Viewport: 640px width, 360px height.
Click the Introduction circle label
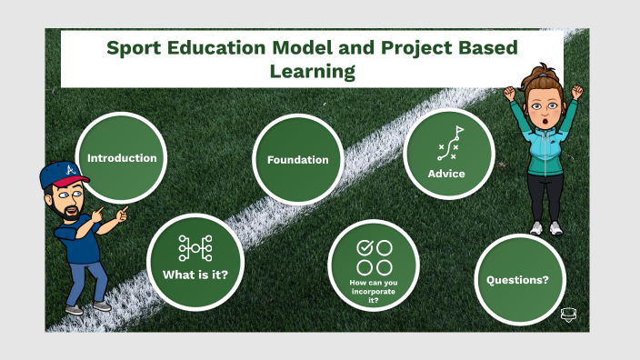tap(122, 158)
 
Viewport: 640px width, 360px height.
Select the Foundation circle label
tap(297, 160)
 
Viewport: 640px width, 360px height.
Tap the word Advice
tap(446, 174)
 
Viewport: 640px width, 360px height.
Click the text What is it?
tap(195, 274)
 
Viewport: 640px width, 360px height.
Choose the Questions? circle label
tap(517, 280)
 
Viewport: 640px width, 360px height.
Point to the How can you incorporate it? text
tap(372, 291)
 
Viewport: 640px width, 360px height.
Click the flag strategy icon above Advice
tap(449, 144)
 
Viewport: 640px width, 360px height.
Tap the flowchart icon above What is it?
tap(195, 246)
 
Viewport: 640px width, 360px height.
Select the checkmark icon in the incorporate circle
tap(365, 247)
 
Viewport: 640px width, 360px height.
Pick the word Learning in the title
tap(312, 71)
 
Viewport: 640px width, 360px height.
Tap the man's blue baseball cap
tap(59, 174)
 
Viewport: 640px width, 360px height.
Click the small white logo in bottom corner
tap(569, 315)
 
